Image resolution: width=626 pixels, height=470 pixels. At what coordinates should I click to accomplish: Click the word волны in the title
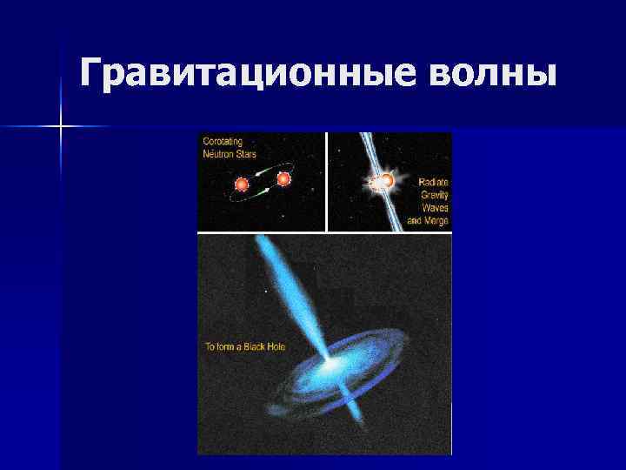pyautogui.click(x=491, y=72)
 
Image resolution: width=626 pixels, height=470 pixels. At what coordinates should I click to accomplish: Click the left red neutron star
pyautogui.click(x=242, y=185)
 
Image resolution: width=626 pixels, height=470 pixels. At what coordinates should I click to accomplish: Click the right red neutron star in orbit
pyautogui.click(x=283, y=179)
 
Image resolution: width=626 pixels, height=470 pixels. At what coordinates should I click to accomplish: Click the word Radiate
pyautogui.click(x=433, y=182)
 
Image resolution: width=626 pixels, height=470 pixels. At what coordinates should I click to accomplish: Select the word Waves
pyautogui.click(x=435, y=208)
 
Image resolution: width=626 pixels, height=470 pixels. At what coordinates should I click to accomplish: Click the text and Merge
pyautogui.click(x=428, y=221)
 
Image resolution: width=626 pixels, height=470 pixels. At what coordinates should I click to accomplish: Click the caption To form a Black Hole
pyautogui.click(x=245, y=346)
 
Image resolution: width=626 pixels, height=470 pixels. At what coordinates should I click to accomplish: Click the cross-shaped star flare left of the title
pyautogui.click(x=62, y=127)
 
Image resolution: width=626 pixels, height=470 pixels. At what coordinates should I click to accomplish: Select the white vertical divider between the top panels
pyautogui.click(x=326, y=182)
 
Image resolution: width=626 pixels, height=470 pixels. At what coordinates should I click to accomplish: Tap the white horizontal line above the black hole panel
pyautogui.click(x=324, y=232)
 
